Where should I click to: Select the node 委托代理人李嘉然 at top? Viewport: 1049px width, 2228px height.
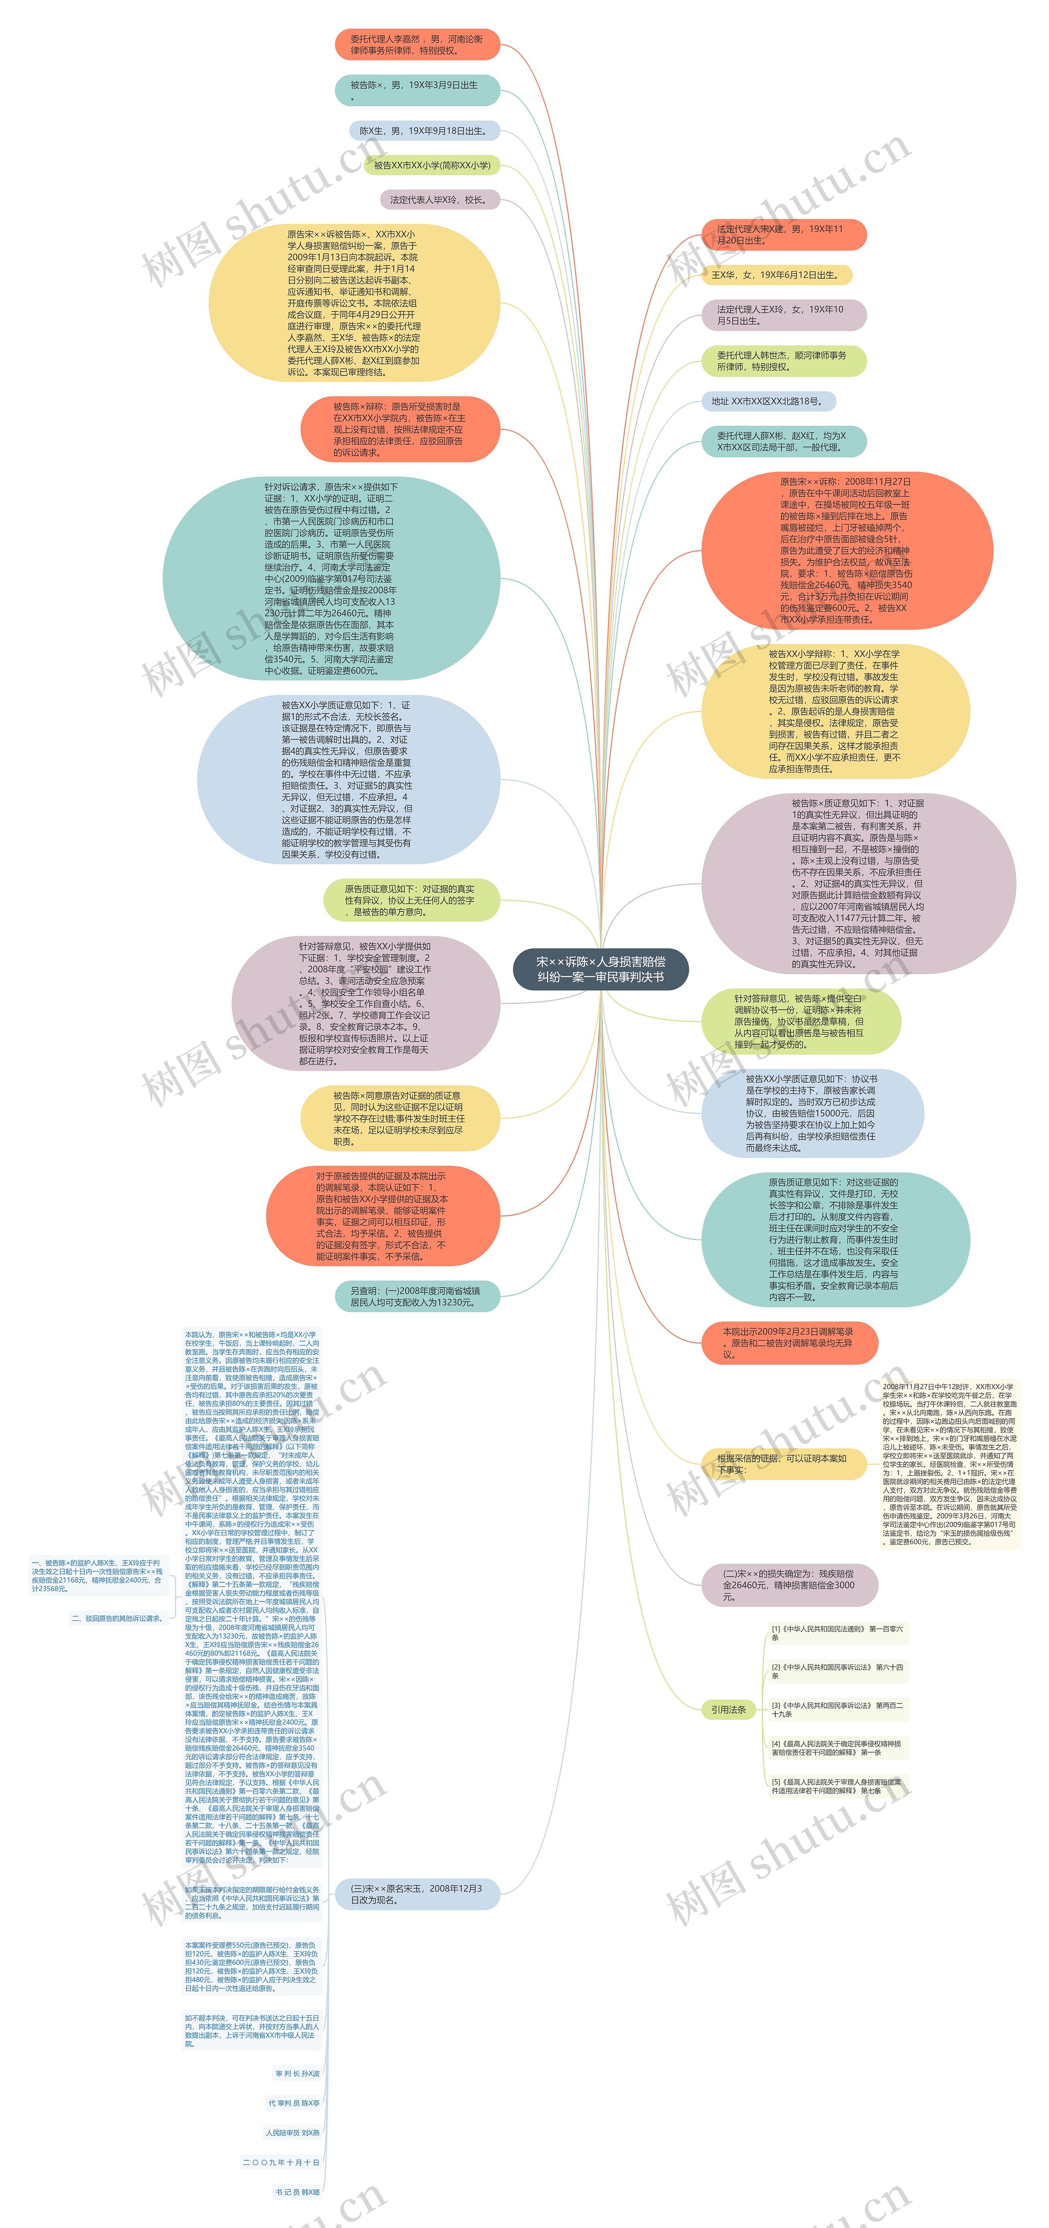pyautogui.click(x=417, y=45)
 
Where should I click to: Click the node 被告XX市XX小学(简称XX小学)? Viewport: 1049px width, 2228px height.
pyautogui.click(x=431, y=165)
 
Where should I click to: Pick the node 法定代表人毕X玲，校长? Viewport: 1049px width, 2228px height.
pyautogui.click(x=439, y=200)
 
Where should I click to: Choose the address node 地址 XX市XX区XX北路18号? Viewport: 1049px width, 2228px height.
pyautogui.click(x=766, y=401)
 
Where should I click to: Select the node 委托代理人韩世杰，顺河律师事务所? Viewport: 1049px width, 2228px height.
pyautogui.click(x=782, y=361)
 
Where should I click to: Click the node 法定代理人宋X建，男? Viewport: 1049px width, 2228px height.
pyautogui.click(x=782, y=234)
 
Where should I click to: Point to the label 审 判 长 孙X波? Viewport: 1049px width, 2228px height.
pyautogui.click(x=297, y=2073)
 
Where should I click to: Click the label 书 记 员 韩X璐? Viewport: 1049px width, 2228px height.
pyautogui.click(x=297, y=2192)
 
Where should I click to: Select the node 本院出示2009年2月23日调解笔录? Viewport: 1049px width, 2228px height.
pyautogui.click(x=789, y=1342)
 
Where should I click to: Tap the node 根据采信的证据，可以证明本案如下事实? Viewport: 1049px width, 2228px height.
pyautogui.click(x=782, y=1463)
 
